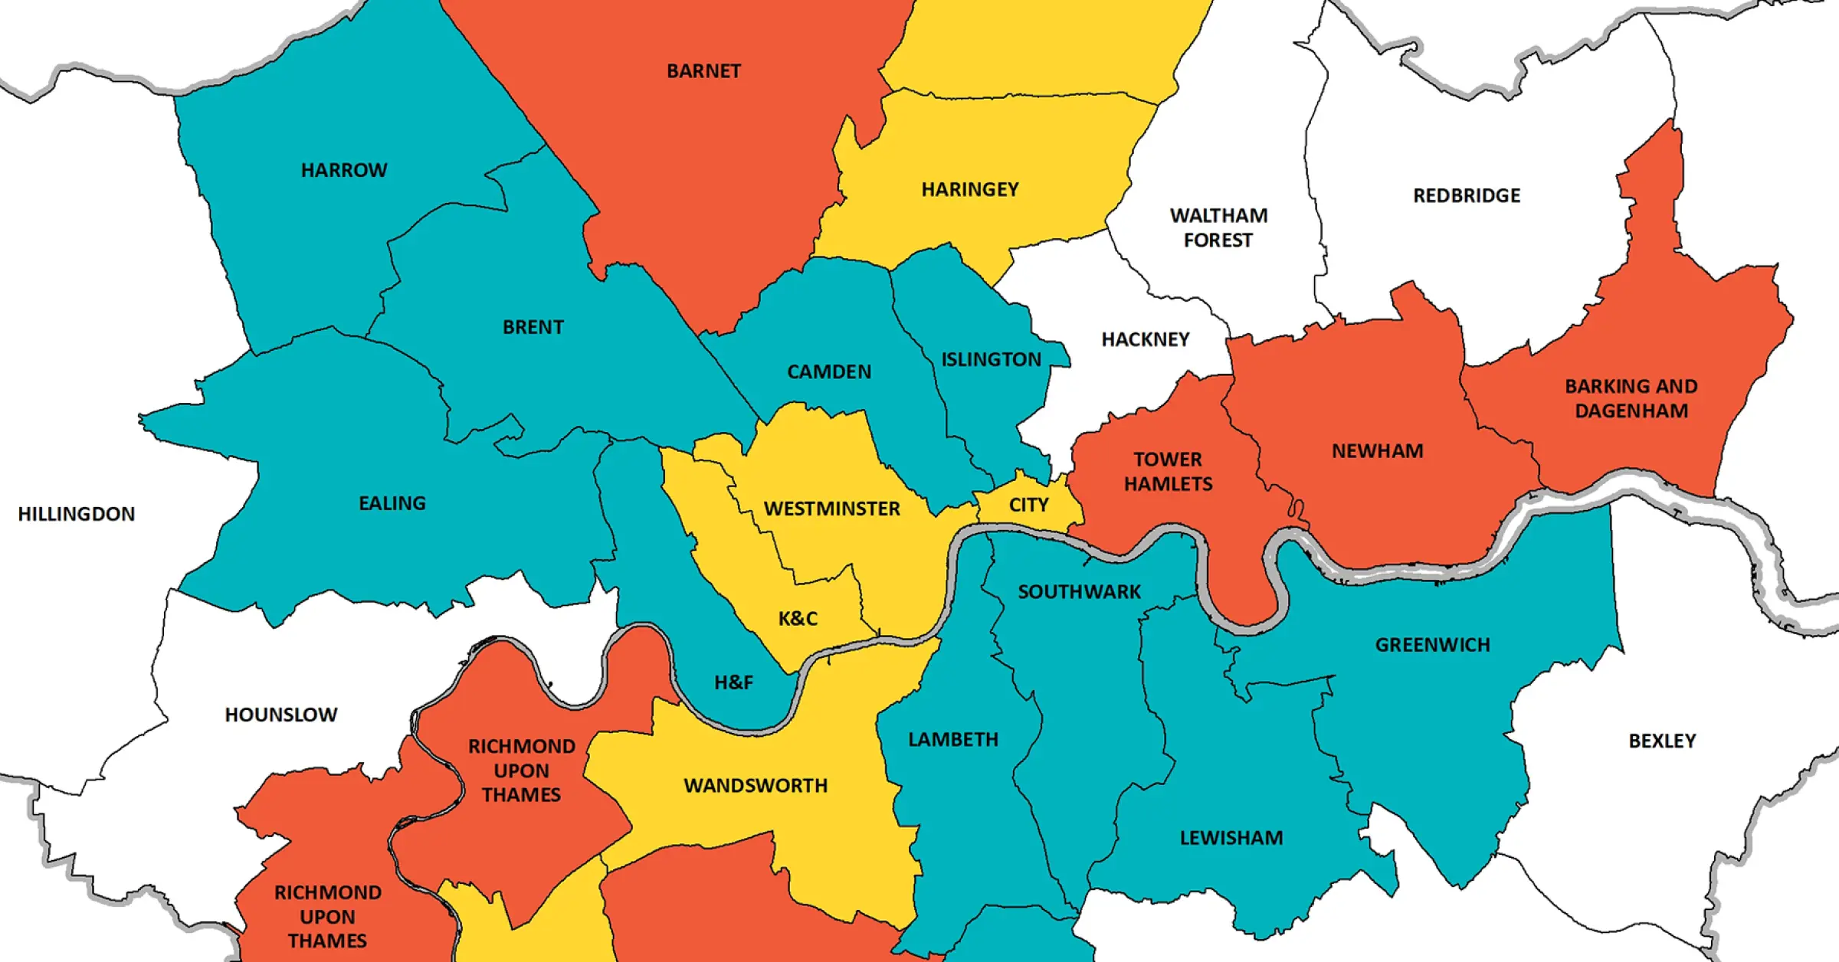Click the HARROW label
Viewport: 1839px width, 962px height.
point(344,170)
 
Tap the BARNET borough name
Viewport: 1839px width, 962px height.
point(703,71)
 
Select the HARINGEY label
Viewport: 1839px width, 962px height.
point(970,189)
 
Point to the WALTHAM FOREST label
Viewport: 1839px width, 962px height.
point(1218,227)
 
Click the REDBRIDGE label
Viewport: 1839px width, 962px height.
point(1467,196)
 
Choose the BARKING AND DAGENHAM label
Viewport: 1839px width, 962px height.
point(1631,398)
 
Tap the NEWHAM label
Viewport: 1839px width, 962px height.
point(1377,451)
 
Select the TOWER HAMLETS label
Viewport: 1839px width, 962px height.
point(1168,471)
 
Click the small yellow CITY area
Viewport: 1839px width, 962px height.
point(1028,506)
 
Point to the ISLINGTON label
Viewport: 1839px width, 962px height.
point(991,359)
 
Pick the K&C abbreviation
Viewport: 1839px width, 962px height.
point(798,619)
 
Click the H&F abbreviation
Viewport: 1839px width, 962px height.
point(733,682)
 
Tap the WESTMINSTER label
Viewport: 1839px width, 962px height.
point(832,509)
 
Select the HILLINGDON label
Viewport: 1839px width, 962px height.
point(77,514)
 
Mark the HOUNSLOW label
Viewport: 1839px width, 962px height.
point(280,715)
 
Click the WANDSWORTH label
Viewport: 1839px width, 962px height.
point(756,786)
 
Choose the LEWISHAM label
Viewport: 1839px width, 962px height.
point(1231,838)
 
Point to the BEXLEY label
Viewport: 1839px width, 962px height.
point(1662,741)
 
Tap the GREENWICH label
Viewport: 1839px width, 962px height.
point(1432,645)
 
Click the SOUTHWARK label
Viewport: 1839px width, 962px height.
point(1079,592)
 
